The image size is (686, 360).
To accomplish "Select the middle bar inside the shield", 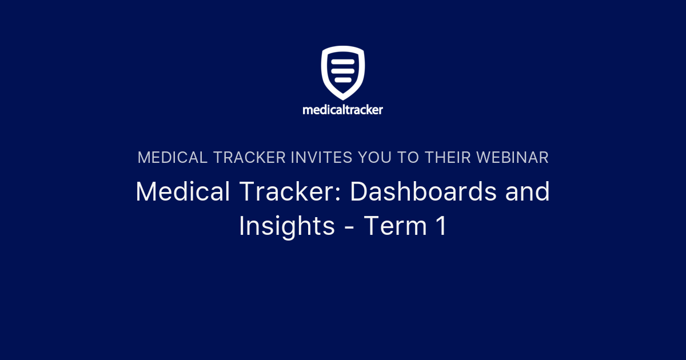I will [x=343, y=69].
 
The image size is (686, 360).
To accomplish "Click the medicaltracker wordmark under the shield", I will [x=343, y=110].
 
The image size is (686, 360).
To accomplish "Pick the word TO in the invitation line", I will [x=409, y=158].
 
